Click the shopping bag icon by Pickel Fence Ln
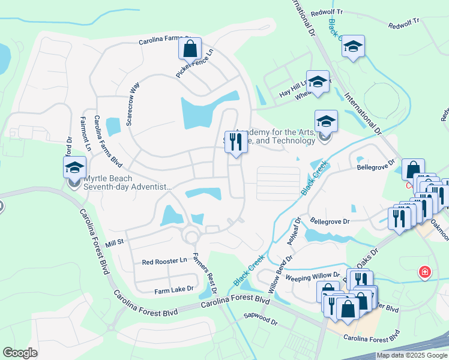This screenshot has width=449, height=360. point(190,49)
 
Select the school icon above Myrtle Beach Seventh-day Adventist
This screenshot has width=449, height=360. point(75,167)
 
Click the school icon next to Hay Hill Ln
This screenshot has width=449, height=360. point(318,82)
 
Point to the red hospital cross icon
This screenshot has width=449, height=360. point(425,272)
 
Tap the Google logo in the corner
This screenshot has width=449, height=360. point(20,353)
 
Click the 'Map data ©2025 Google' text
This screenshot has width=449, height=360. point(411,355)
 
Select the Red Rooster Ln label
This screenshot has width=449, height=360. point(164,262)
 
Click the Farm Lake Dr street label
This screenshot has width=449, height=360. point(173,289)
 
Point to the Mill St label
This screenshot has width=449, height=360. point(114,243)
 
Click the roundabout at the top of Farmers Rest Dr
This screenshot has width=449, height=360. point(192,237)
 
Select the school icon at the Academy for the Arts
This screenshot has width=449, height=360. point(326,121)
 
